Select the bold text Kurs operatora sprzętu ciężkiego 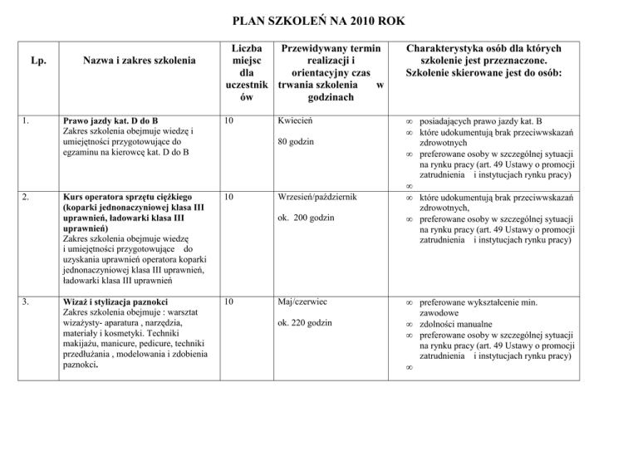126,220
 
